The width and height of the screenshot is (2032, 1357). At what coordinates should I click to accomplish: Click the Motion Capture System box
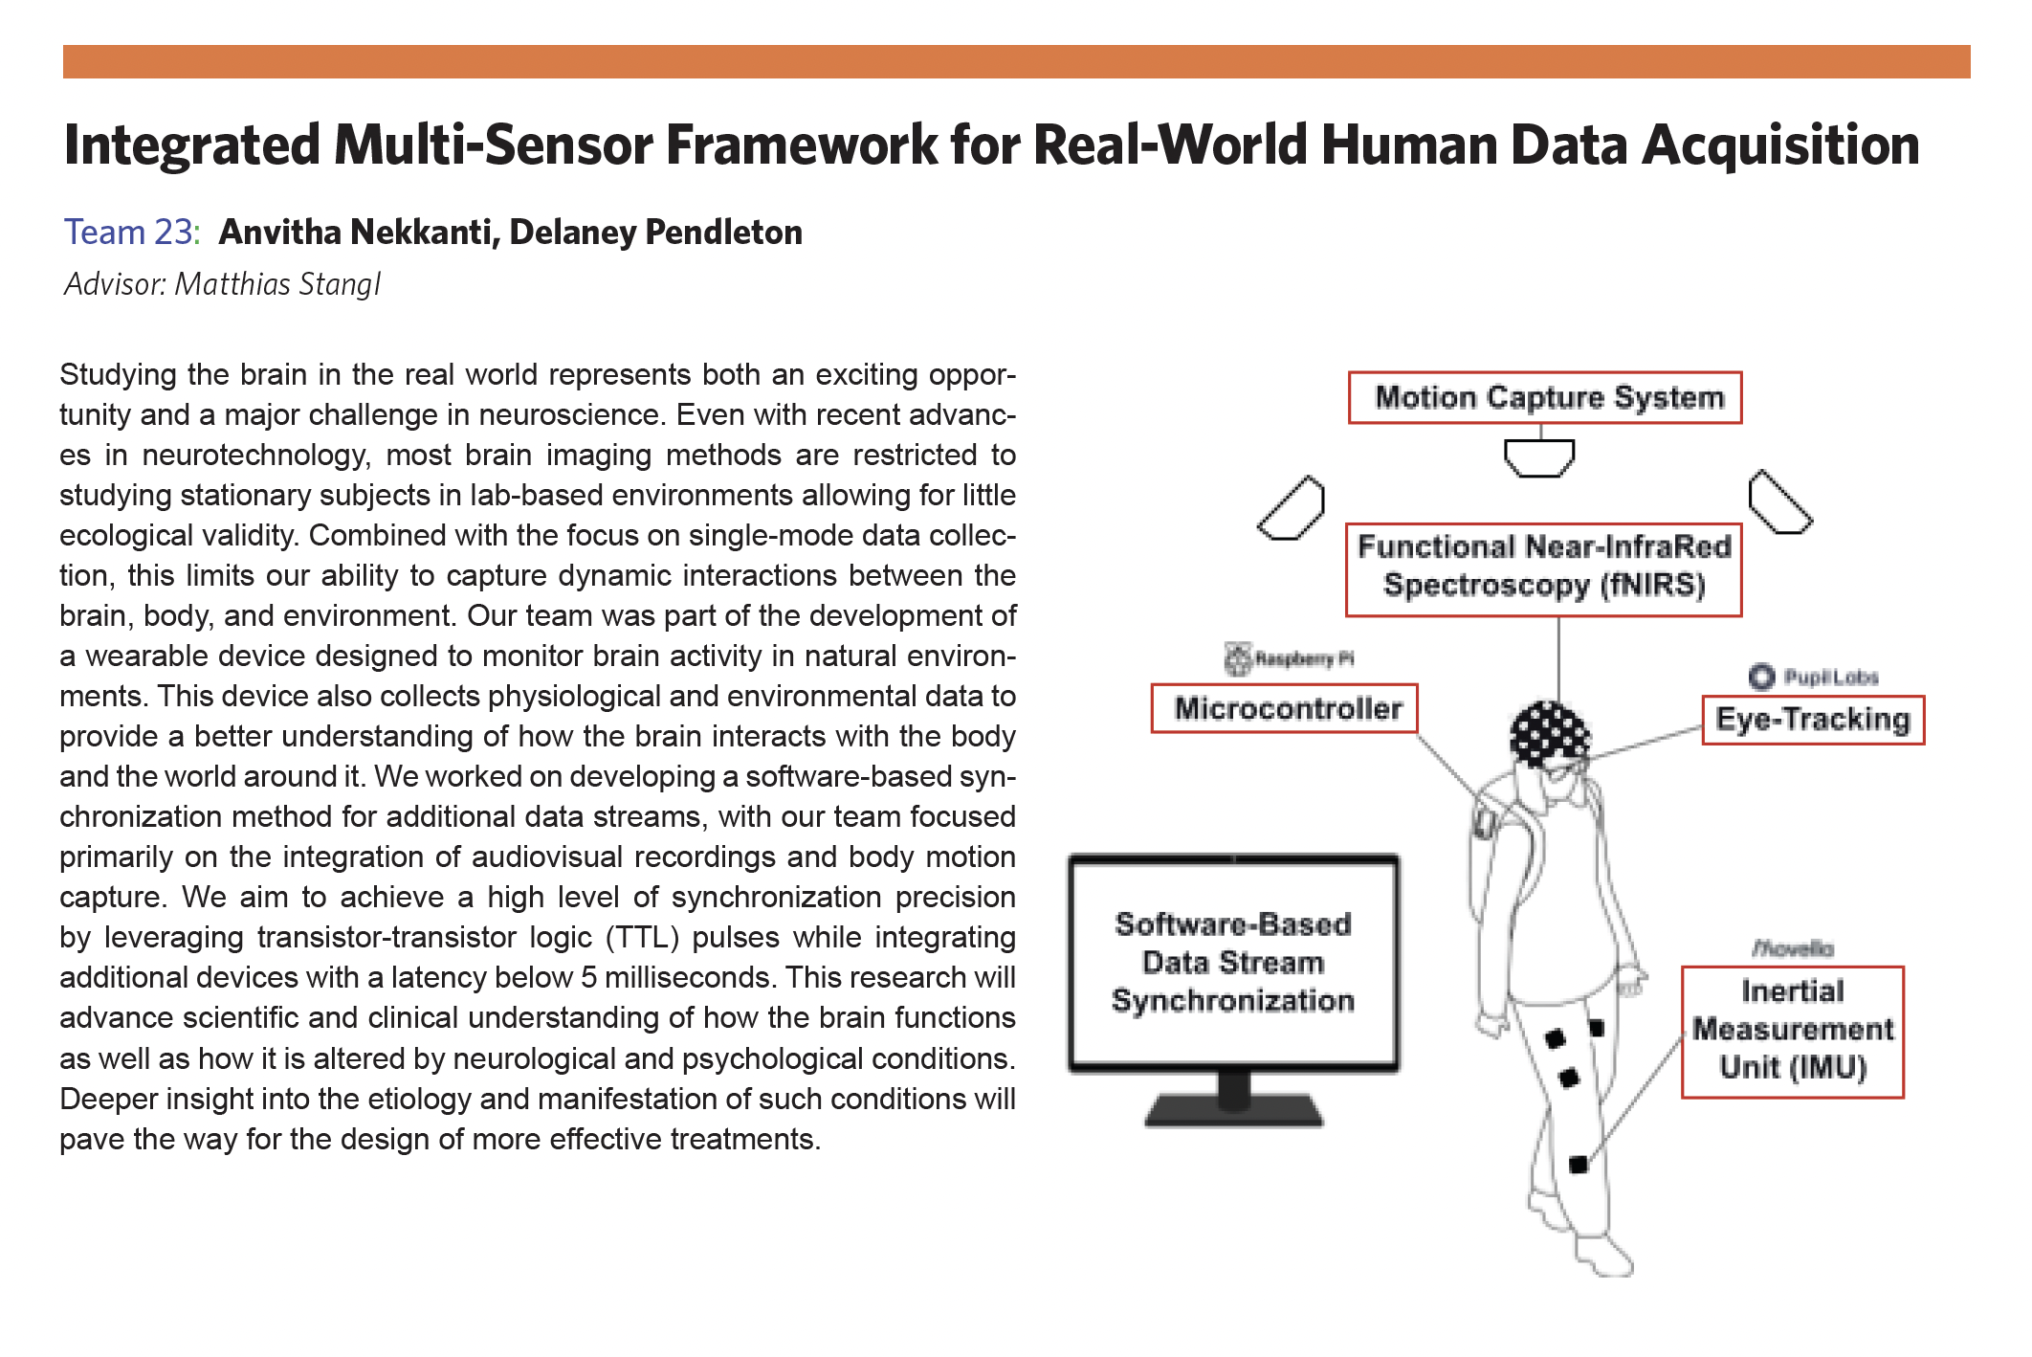[1544, 398]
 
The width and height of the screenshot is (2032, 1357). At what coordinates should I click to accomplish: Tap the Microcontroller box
[1284, 709]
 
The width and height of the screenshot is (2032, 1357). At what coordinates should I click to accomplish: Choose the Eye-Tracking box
[1812, 720]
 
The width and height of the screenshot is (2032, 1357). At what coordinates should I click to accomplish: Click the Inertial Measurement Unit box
[1792, 1032]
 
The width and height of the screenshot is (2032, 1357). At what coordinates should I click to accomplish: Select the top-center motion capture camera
[1539, 457]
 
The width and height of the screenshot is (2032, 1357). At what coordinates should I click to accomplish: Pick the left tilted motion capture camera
[1292, 508]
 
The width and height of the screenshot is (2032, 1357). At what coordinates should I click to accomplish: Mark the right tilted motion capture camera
[1778, 501]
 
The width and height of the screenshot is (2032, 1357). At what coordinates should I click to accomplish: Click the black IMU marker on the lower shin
[1579, 1165]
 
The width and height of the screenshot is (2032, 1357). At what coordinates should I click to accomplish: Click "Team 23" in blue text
[129, 233]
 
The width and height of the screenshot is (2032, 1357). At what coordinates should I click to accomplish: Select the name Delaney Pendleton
[655, 233]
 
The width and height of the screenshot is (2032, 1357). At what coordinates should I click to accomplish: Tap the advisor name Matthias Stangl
[277, 284]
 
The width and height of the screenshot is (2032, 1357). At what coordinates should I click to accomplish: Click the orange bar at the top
[1016, 61]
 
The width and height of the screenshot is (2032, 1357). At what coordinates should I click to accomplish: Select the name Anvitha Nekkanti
[359, 233]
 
